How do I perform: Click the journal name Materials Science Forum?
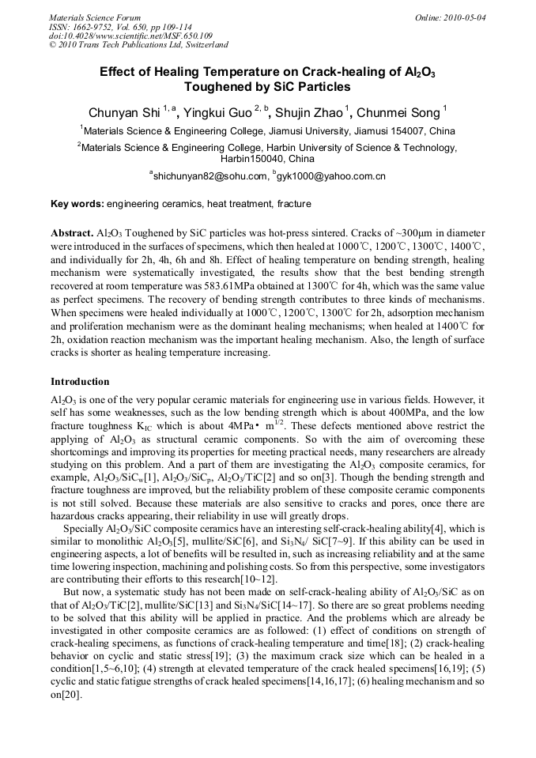(x=95, y=17)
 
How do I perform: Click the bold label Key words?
(x=77, y=204)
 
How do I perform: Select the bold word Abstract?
(x=72, y=235)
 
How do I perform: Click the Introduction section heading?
(x=80, y=382)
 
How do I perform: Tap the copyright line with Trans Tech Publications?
(x=138, y=45)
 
